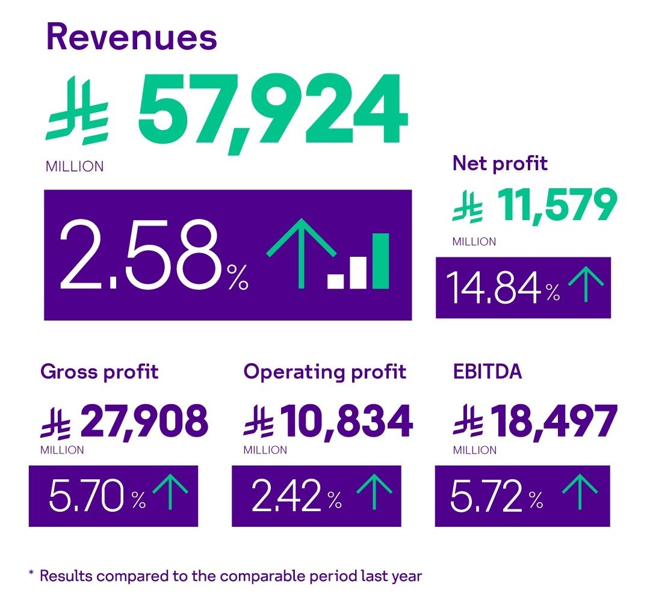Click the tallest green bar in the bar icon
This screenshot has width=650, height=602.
[x=380, y=260]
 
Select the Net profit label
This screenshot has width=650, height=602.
[x=500, y=163]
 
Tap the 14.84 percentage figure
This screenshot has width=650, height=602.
[x=494, y=289]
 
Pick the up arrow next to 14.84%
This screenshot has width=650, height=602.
[x=586, y=286]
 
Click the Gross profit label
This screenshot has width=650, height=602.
[x=99, y=372]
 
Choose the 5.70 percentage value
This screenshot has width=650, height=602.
[x=88, y=497]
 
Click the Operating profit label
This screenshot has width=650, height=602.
[x=325, y=372]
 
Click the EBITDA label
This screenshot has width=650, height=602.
[x=487, y=372]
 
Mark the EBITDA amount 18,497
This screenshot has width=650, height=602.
[x=554, y=420]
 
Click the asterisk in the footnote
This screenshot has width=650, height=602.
[x=31, y=574]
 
